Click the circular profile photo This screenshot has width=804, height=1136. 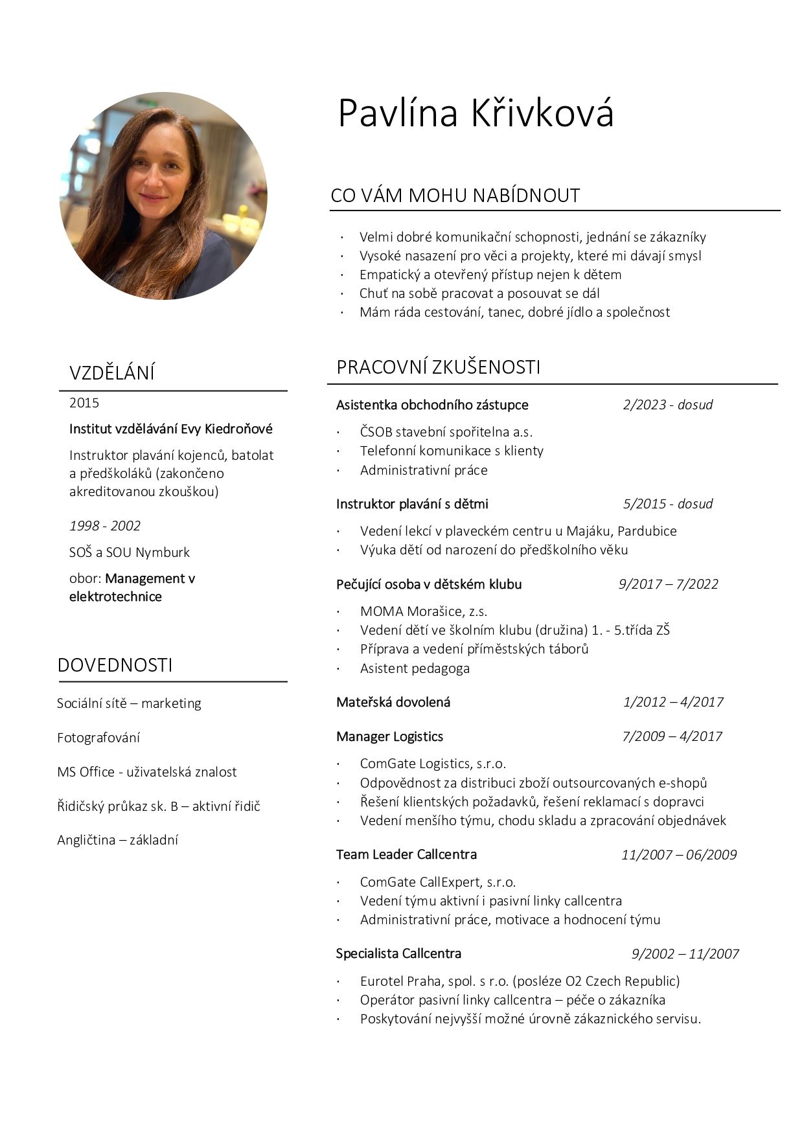click(x=163, y=196)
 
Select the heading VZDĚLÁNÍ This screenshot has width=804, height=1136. click(x=112, y=373)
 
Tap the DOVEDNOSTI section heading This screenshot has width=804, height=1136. click(x=115, y=665)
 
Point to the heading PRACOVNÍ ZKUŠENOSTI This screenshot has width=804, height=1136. click(x=438, y=367)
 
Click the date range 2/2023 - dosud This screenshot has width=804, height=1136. click(x=667, y=405)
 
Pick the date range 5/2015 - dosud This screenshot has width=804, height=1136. click(x=667, y=504)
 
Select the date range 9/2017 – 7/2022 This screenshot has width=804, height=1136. click(x=668, y=584)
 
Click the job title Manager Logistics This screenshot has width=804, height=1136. click(x=389, y=736)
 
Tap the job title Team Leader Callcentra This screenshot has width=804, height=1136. click(x=406, y=854)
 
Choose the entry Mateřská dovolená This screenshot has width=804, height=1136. click(x=393, y=702)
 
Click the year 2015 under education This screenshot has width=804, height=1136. click(x=84, y=403)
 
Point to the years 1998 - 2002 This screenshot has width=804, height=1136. click(x=105, y=526)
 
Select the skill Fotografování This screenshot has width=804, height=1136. click(x=98, y=738)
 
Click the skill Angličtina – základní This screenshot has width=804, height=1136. click(x=117, y=840)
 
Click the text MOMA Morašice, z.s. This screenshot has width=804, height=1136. click(x=424, y=611)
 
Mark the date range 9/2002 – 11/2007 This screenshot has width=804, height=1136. click(x=685, y=954)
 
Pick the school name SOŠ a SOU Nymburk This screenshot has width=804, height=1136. click(x=130, y=552)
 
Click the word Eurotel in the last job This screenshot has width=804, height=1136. click(x=382, y=981)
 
